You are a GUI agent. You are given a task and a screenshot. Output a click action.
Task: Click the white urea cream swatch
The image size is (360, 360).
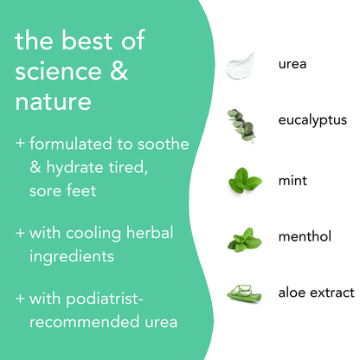[x=243, y=64]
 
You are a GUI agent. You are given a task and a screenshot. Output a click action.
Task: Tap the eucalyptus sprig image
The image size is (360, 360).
[x=241, y=125]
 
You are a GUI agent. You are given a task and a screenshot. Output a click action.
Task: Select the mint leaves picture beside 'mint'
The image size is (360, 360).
[x=244, y=182]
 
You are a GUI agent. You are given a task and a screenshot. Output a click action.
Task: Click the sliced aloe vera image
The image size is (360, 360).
[x=243, y=294]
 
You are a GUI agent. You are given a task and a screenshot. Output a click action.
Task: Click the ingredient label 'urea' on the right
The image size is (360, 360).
[x=292, y=64]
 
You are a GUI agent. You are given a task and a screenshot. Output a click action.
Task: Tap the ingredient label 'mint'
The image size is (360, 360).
[x=292, y=181]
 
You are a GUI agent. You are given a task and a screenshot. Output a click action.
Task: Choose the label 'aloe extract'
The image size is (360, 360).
[x=317, y=292]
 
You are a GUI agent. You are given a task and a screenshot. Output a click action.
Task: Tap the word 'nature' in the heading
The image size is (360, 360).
[x=52, y=102]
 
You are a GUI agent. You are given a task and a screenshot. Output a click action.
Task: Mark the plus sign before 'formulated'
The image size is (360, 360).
[x=21, y=142]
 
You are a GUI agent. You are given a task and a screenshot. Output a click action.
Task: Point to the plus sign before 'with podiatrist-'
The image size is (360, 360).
[x=21, y=299]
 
